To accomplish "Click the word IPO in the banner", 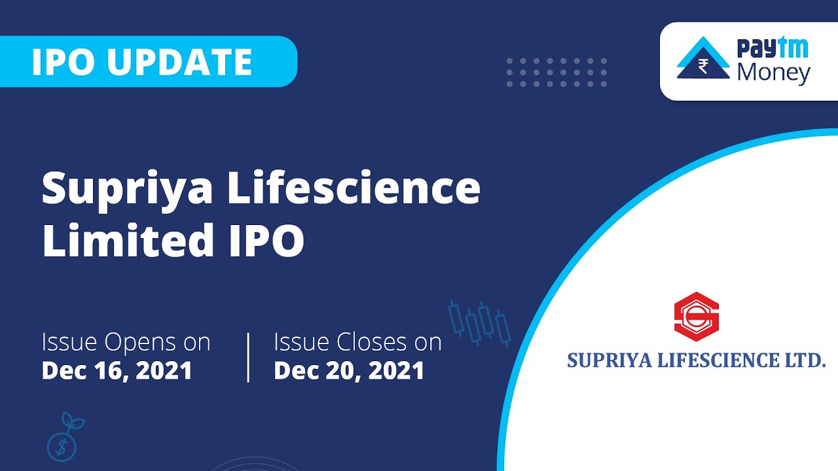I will point(64,62).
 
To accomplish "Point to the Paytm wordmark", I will point(773,48).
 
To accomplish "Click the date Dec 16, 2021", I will point(117,371).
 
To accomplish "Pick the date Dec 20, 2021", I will point(349,371).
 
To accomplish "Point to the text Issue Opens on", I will point(126,342).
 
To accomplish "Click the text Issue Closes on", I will point(357,342).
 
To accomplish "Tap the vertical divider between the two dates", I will point(249,357).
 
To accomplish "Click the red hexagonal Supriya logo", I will point(696,317).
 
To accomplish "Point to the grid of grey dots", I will point(556,72).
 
